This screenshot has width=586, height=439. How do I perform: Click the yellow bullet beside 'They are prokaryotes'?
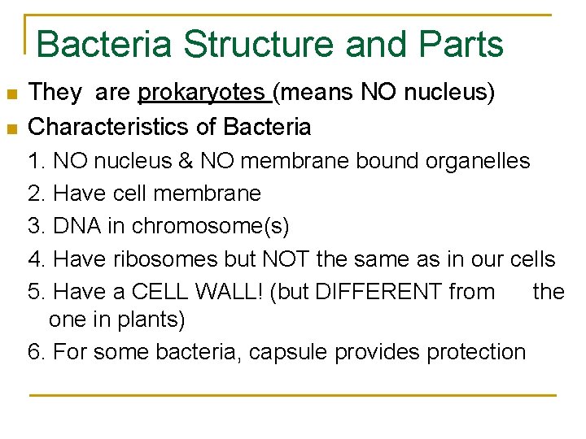(11, 95)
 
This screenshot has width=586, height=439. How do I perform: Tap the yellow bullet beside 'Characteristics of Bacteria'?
(11, 128)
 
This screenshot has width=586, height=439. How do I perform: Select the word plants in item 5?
(153, 320)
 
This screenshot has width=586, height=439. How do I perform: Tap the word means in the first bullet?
(314, 93)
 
